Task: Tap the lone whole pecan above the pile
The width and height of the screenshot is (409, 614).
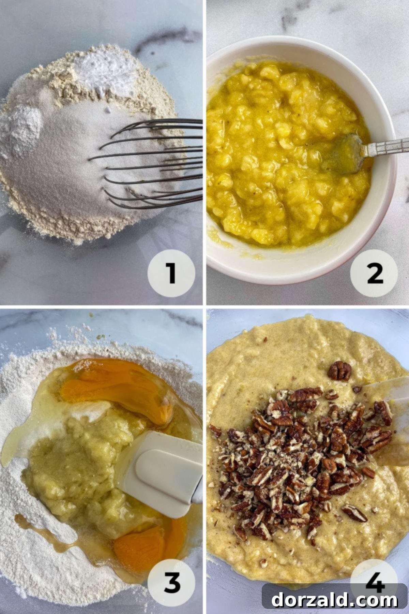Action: tap(339, 371)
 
